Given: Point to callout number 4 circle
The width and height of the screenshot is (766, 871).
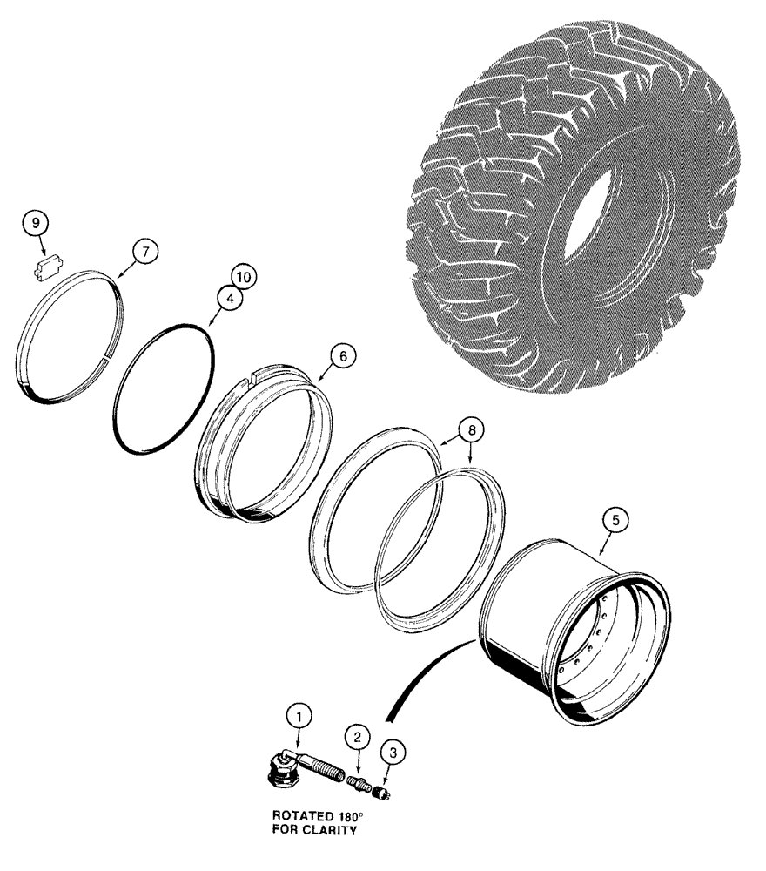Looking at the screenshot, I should (228, 300).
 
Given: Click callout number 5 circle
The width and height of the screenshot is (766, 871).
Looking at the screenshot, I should (615, 521).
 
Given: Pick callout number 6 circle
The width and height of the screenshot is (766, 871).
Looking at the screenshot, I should (343, 356).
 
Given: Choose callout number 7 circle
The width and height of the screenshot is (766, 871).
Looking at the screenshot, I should (145, 251).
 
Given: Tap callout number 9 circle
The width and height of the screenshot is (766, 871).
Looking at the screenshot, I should (37, 224).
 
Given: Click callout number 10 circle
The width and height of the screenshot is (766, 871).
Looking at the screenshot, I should (242, 278).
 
